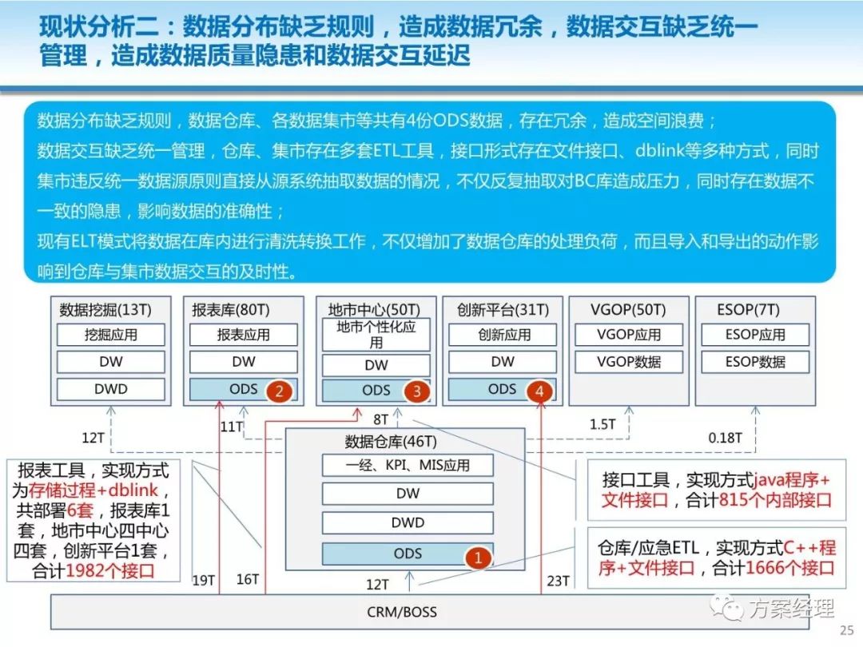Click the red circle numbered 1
click(478, 558)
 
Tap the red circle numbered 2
click(278, 391)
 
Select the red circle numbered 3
click(416, 391)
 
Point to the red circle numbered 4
click(541, 391)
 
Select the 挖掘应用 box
click(111, 335)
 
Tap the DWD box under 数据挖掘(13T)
click(111, 389)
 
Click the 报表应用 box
click(244, 335)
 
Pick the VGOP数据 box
click(629, 361)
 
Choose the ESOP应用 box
click(755, 335)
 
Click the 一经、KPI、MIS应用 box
click(408, 465)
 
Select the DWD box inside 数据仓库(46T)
click(408, 523)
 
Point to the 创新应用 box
click(503, 335)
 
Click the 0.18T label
click(726, 438)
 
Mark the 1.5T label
click(603, 424)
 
